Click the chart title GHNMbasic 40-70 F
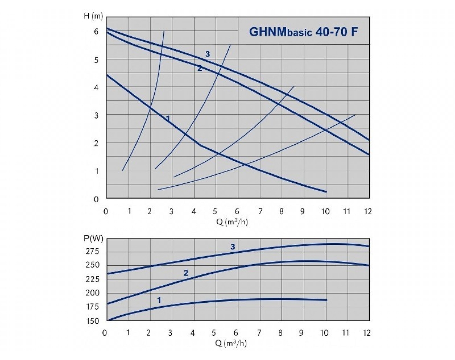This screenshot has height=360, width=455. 303,31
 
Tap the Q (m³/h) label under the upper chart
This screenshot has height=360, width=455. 232,222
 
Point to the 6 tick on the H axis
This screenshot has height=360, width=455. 96,31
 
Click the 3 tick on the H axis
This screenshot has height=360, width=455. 96,115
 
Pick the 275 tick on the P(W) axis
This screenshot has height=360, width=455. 92,251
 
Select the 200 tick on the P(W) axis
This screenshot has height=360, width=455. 92,293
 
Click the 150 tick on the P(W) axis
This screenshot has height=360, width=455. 92,321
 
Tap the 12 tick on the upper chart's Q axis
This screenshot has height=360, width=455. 367,211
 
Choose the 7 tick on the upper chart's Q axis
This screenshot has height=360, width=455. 260,211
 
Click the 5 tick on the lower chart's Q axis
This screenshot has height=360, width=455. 215,333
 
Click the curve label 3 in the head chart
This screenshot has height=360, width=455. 207,54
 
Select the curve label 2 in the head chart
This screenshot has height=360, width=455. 199,69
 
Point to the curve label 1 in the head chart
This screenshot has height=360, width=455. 168,119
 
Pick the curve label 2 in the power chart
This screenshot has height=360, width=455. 186,273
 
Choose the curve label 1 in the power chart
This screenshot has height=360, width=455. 159,300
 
